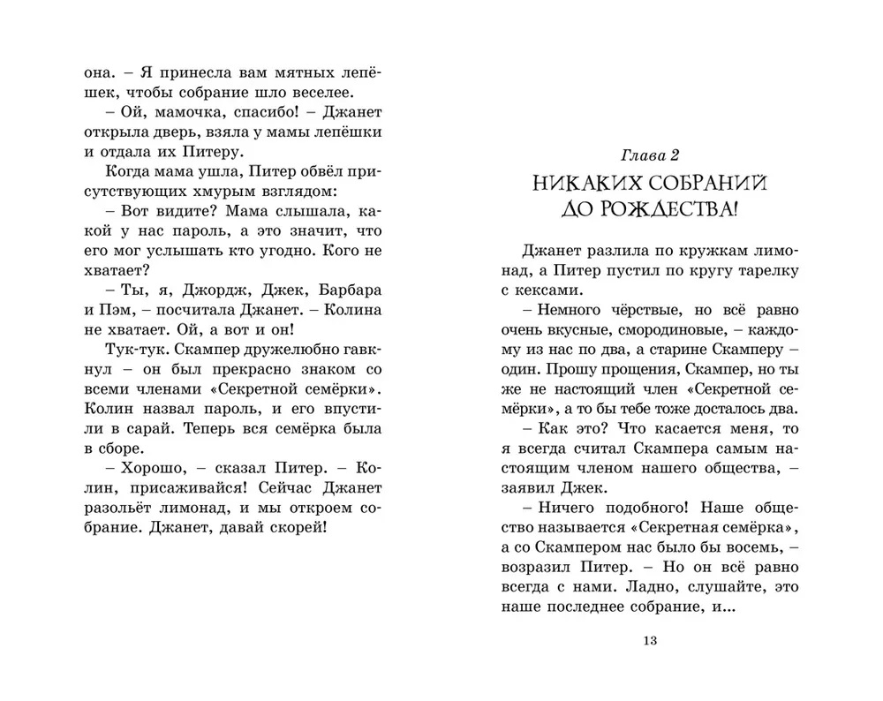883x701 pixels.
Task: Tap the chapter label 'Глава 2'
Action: pyautogui.click(x=649, y=155)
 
